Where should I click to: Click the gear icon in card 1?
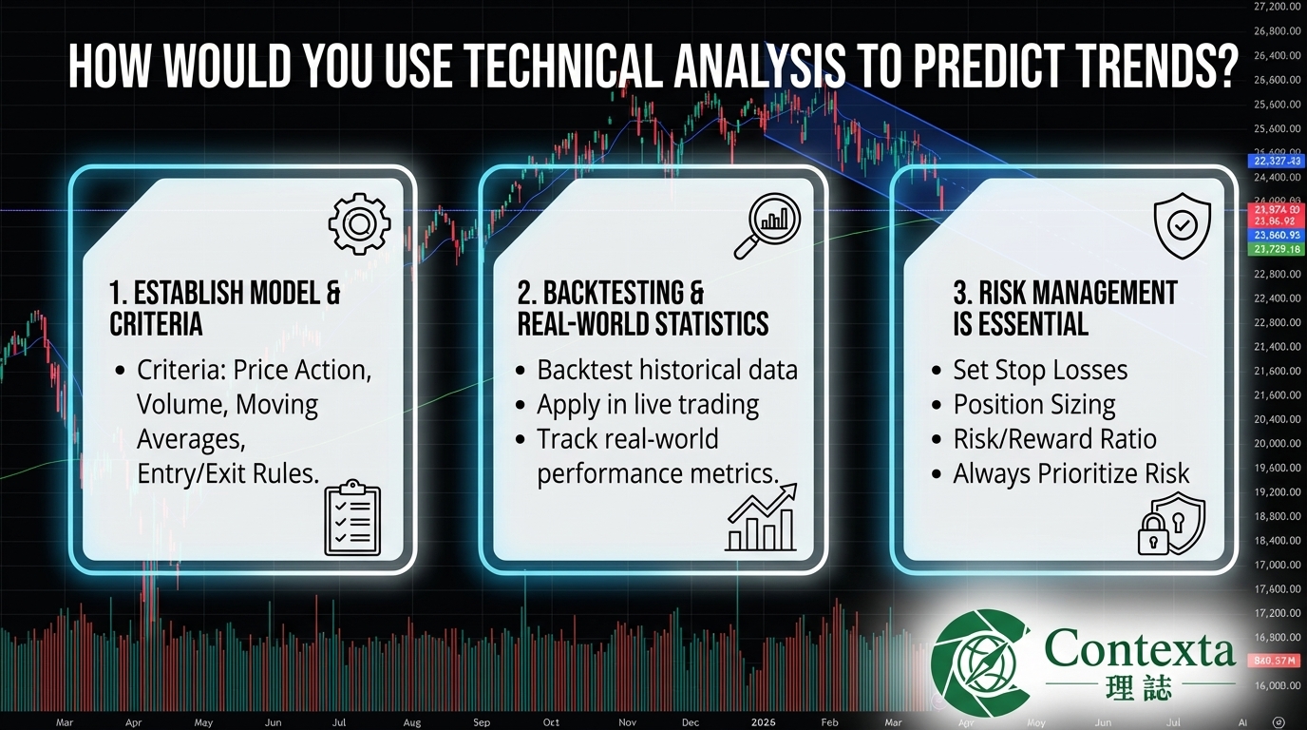[x=359, y=223]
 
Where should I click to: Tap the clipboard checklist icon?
[x=352, y=518]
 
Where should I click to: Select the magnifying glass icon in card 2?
[x=767, y=225]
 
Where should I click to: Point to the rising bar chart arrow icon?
[x=762, y=517]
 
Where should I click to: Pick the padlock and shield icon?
[x=1170, y=524]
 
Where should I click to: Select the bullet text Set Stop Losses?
[x=1040, y=370]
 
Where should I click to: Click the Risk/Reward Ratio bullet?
[x=1054, y=438]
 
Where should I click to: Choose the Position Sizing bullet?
[x=1033, y=404]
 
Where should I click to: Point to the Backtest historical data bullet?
[x=667, y=370]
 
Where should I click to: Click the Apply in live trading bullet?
[x=647, y=404]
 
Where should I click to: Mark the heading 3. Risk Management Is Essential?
[x=1065, y=307]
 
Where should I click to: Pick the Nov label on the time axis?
[x=627, y=722]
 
